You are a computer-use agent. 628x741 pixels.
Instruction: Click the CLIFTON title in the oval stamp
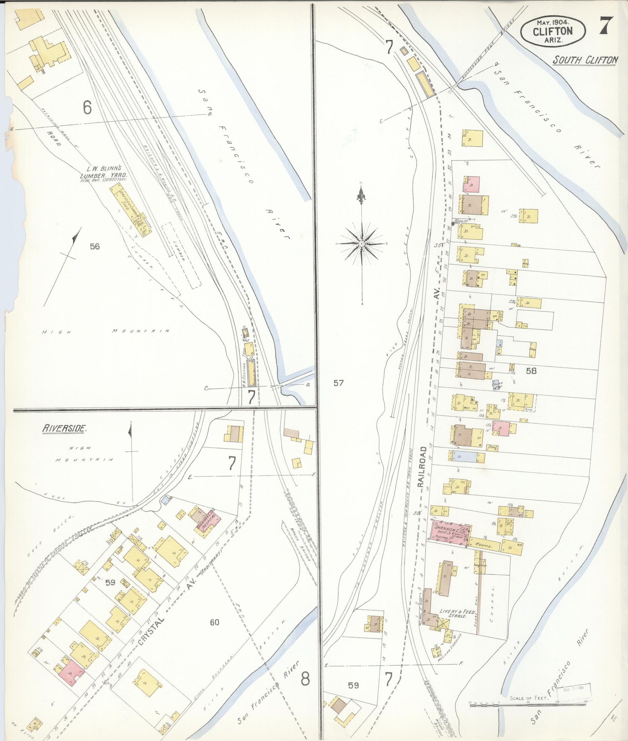(x=552, y=31)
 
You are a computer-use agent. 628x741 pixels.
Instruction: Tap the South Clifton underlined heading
(x=585, y=61)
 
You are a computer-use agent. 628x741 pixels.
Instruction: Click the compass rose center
(x=362, y=244)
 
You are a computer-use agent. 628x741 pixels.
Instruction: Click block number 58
(x=531, y=371)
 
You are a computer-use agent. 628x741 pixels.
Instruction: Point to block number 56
(x=95, y=246)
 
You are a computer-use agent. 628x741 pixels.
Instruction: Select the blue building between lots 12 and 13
(x=465, y=456)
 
